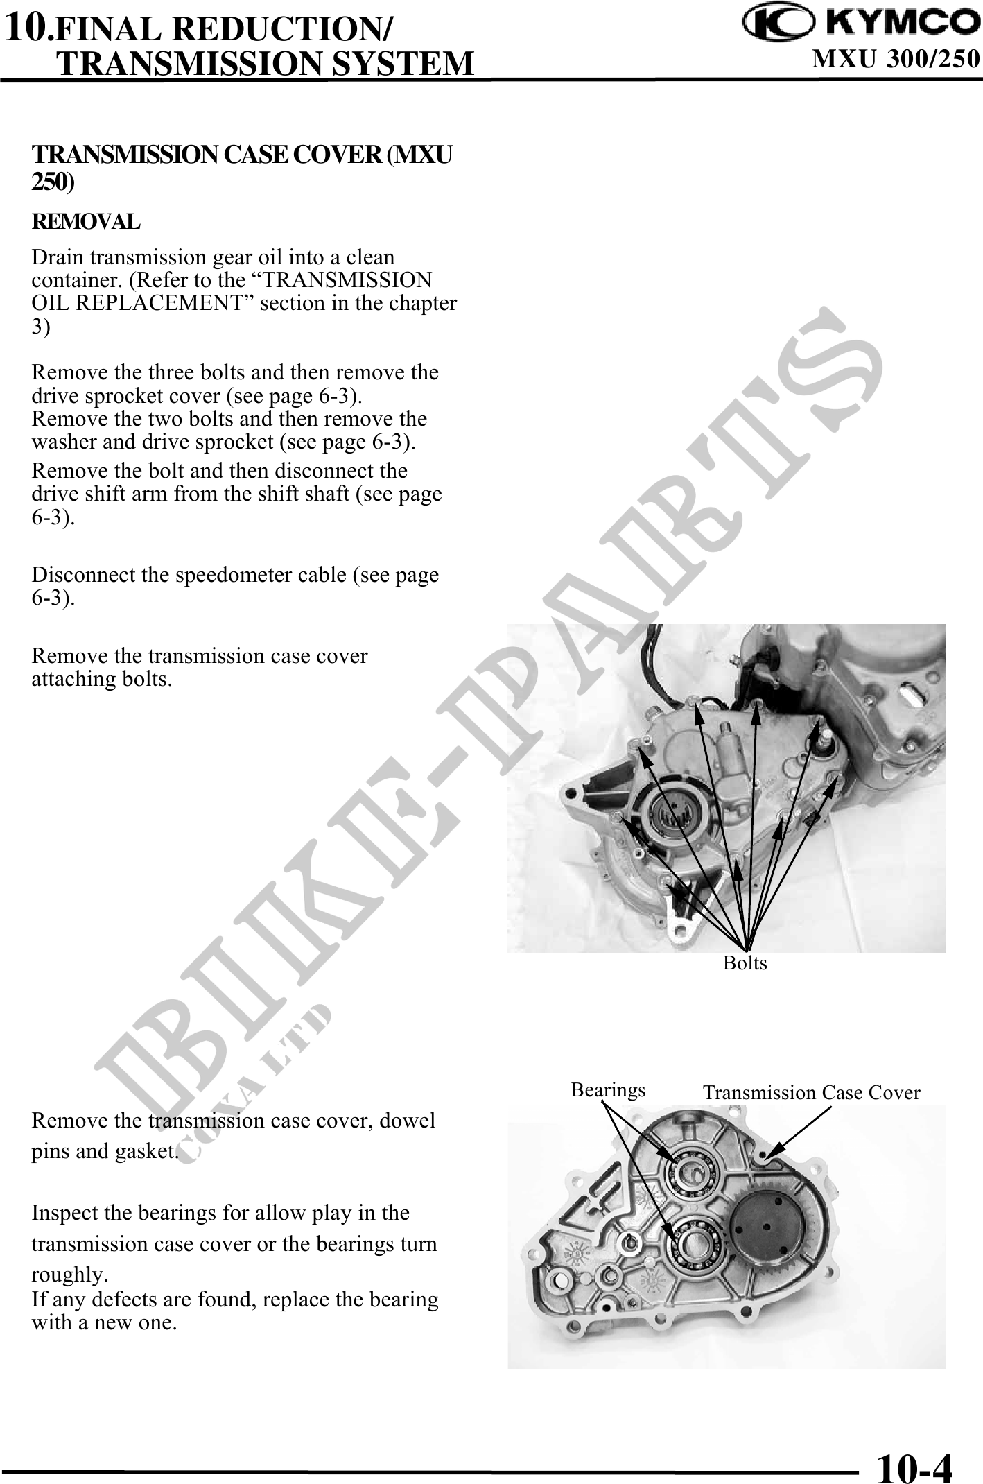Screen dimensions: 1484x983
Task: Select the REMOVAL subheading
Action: tap(86, 223)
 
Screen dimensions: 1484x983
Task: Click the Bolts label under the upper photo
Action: tap(745, 963)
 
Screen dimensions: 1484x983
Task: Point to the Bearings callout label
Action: tap(608, 1090)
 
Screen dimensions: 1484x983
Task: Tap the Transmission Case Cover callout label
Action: tap(811, 1093)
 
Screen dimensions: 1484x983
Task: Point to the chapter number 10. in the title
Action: tap(28, 28)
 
